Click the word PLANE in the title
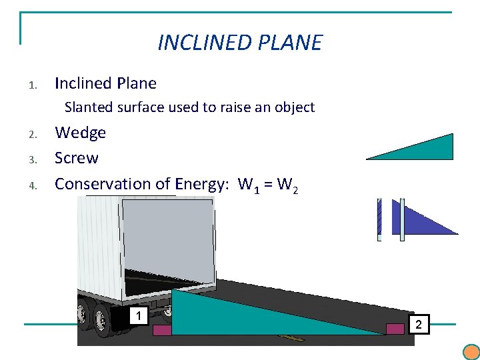tap(291, 42)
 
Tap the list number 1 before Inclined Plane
tap(33, 85)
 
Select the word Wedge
tap(80, 133)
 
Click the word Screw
tap(77, 158)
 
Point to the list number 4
tap(33, 185)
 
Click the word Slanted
tap(89, 107)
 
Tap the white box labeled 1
tap(139, 315)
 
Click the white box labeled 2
tap(419, 324)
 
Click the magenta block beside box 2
tap(395, 329)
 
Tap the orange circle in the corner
tap(471, 352)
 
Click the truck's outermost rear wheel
tap(101, 320)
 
